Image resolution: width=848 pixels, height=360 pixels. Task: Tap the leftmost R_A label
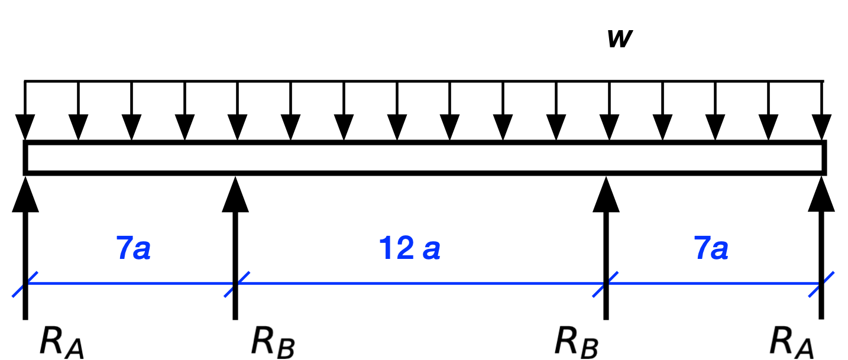pos(62,342)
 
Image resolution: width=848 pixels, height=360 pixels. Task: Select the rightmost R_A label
pos(792,342)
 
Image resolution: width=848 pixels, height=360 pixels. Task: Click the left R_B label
pos(273,342)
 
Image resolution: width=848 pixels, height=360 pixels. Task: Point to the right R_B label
pos(577,342)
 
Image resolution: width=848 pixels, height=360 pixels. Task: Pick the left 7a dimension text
pos(134,250)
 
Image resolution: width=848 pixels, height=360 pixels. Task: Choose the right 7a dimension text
pos(711,250)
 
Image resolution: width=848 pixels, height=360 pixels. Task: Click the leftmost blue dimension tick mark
pos(25,284)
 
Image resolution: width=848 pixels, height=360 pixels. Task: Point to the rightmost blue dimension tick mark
pos(821,284)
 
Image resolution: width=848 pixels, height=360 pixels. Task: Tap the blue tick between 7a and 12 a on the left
pos(236,284)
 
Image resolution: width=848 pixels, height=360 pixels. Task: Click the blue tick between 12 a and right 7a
pos(606,284)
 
